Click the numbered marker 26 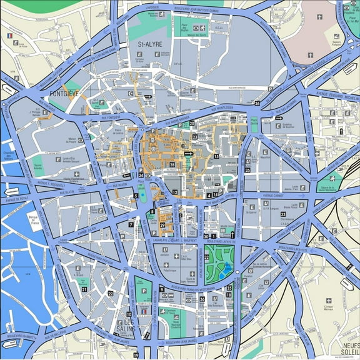pyautogui.click(x=257, y=102)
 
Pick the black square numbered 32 pyautogui.click(x=206, y=256)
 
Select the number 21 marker pyautogui.click(x=84, y=289)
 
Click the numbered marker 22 pyautogui.click(x=111, y=293)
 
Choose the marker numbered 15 pyautogui.click(x=216, y=156)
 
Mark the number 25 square pyautogui.click(x=247, y=170)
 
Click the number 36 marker pyautogui.click(x=202, y=299)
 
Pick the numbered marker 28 pyautogui.click(x=172, y=164)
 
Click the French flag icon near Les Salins pyautogui.click(x=144, y=311)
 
